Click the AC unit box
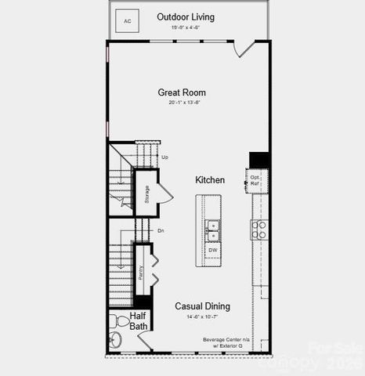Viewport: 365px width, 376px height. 128,20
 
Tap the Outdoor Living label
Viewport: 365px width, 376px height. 186,17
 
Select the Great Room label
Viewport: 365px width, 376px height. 182,92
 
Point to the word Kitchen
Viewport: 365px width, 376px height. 210,180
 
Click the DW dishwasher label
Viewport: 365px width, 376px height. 213,250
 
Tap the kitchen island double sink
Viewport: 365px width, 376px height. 213,230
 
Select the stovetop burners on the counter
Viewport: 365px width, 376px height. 258,230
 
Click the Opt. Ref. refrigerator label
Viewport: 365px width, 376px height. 255,180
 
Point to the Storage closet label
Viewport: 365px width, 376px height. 146,193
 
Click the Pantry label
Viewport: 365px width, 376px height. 141,272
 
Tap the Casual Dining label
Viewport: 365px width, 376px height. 201,306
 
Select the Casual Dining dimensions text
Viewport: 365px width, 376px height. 201,316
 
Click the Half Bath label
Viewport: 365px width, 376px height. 139,321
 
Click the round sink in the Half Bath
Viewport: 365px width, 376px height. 115,340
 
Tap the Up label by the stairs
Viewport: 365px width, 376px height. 164,157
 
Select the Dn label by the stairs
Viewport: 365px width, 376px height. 161,230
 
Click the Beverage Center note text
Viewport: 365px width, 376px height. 225,342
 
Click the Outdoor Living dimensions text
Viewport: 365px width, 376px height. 186,27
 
